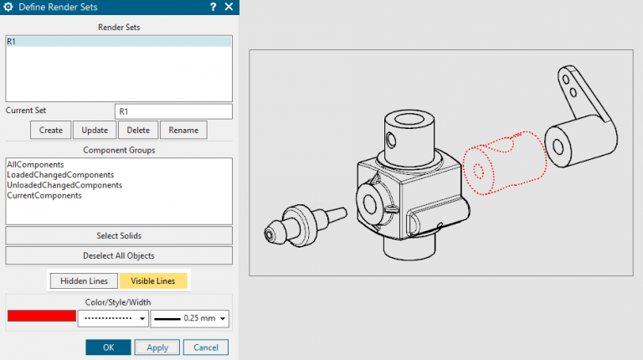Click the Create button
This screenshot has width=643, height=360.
tap(50, 130)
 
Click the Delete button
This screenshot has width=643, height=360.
tap(138, 130)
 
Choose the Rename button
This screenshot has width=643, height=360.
tap(183, 130)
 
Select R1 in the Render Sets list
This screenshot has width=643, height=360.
tap(118, 41)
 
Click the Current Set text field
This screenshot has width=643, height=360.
tap(172, 111)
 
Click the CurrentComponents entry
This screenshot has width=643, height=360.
tap(44, 195)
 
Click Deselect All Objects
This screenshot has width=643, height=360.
tap(118, 255)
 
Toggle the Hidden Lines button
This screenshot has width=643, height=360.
tap(83, 280)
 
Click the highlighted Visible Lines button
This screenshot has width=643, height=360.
tap(153, 280)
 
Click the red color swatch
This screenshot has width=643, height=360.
tap(41, 316)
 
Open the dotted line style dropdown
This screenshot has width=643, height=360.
tap(113, 318)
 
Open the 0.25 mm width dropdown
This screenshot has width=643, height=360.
tap(191, 318)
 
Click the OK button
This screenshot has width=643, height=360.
tap(108, 347)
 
